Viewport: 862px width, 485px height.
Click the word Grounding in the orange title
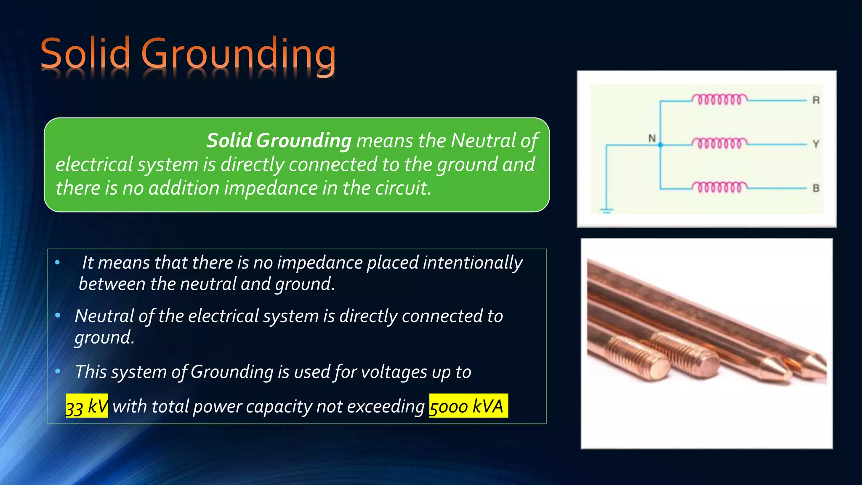(x=238, y=55)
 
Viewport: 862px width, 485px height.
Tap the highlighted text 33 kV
(x=87, y=406)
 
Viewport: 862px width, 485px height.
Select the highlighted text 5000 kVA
(x=468, y=406)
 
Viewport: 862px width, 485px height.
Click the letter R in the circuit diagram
(x=816, y=100)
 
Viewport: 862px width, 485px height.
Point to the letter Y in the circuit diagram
(x=816, y=144)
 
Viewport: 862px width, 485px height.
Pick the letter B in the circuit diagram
(x=816, y=188)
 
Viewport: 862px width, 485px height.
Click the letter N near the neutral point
(x=652, y=138)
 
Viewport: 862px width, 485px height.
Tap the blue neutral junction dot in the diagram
(x=660, y=145)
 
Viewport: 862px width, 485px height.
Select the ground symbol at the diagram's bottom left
(x=606, y=210)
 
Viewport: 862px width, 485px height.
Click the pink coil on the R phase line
(x=720, y=100)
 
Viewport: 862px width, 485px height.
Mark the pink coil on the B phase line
(x=720, y=187)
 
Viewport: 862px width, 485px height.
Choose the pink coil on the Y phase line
(x=720, y=143)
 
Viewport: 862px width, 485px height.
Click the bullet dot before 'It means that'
(x=58, y=263)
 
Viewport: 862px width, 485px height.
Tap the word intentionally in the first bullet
(x=472, y=263)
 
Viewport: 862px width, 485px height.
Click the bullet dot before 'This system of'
(x=58, y=371)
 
